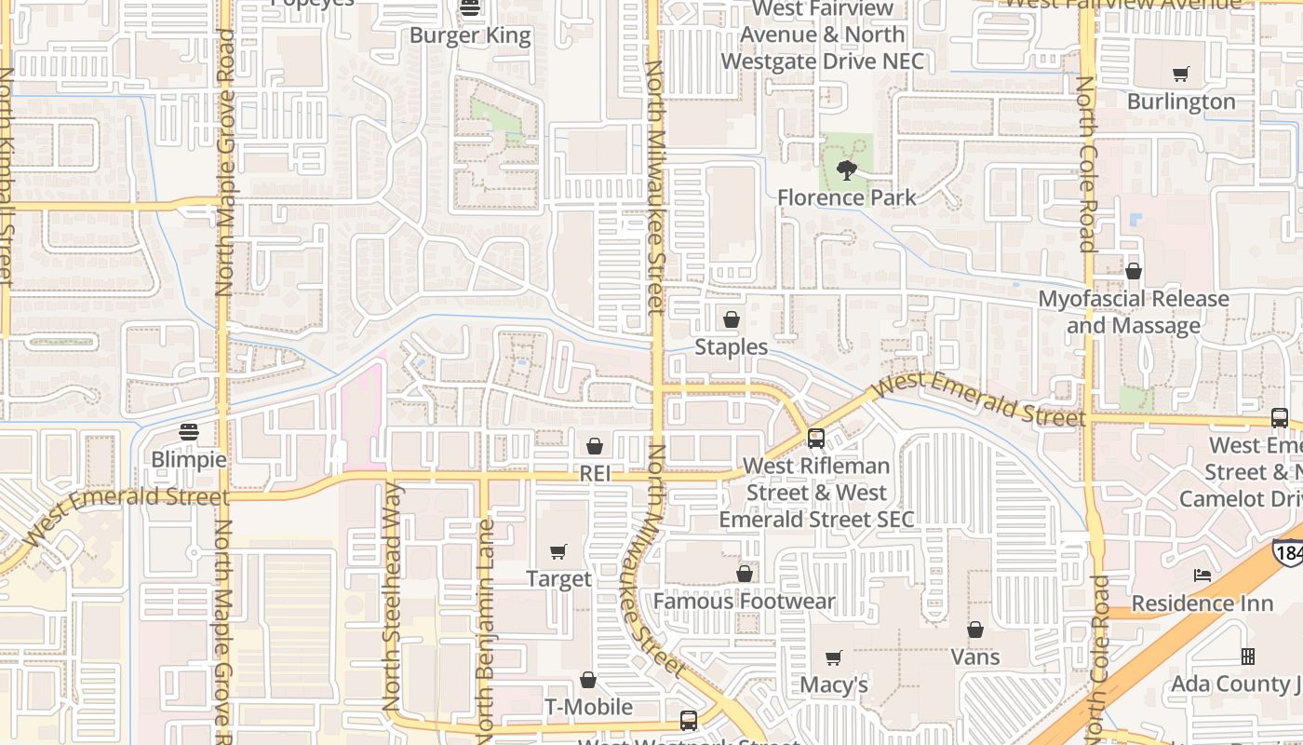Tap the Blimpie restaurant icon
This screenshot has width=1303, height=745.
point(189,432)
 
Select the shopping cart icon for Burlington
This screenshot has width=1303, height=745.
point(1181,74)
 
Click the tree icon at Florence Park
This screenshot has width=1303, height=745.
point(847,170)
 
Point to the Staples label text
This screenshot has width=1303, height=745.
point(732,347)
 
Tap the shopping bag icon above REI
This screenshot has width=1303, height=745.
point(595,447)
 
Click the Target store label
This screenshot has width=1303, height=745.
point(558,579)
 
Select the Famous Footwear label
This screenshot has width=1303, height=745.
point(744,602)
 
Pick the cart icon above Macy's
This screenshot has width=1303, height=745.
point(834,658)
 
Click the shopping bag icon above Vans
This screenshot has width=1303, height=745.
point(975,630)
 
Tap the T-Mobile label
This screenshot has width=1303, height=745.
point(588,708)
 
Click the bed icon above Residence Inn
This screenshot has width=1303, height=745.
point(1202,576)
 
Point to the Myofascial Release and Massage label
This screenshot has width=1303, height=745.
point(1133,312)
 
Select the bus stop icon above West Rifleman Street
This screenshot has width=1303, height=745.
point(816,438)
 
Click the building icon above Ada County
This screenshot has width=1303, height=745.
point(1248,657)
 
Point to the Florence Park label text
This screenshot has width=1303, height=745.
point(847,197)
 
